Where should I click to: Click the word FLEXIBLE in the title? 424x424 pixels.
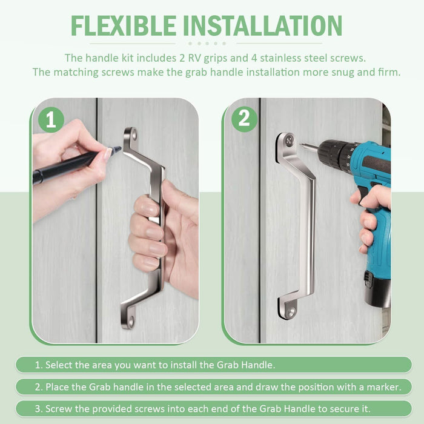124,25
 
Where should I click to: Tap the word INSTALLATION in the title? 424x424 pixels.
262,25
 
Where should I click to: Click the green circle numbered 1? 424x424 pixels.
51,119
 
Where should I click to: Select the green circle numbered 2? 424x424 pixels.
244,119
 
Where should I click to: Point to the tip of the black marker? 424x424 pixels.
121,148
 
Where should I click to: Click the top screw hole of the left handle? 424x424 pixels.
133,134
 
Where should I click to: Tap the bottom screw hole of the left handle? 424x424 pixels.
131,322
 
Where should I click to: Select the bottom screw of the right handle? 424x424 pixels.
291,313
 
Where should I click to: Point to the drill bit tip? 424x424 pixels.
300,144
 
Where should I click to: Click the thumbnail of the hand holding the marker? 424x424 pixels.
109,154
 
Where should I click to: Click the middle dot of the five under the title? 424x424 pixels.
207,44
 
